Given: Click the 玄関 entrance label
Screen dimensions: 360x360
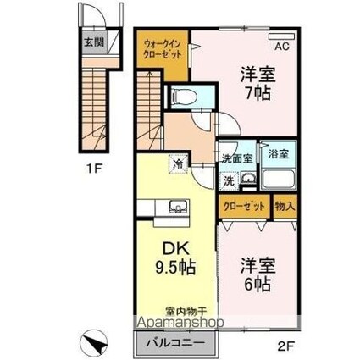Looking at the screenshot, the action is pyautogui.click(x=95, y=43).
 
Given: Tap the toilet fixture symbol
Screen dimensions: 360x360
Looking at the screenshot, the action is pyautogui.click(x=185, y=97).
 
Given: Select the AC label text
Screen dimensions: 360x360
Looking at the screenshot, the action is pyautogui.click(x=282, y=47).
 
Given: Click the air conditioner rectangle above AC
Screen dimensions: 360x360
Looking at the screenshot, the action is pyautogui.click(x=281, y=36).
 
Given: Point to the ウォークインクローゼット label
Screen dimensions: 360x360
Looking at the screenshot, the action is pyautogui.click(x=162, y=49).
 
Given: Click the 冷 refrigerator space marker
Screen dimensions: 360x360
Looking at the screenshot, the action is pyautogui.click(x=178, y=163).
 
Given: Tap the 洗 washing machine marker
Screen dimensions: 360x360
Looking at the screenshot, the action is pyautogui.click(x=229, y=180).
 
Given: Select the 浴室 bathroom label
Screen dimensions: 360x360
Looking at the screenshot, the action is pyautogui.click(x=279, y=154).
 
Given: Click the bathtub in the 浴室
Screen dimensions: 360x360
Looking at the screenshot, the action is pyautogui.click(x=279, y=179).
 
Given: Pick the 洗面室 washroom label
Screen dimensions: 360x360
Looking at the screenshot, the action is pyautogui.click(x=237, y=158).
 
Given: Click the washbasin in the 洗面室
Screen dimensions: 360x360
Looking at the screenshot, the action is pyautogui.click(x=248, y=179).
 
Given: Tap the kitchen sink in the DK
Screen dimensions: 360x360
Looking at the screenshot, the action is pyautogui.click(x=179, y=206).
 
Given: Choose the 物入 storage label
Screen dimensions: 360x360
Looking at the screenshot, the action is pyautogui.click(x=285, y=207).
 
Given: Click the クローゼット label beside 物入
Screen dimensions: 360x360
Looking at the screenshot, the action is pyautogui.click(x=244, y=207).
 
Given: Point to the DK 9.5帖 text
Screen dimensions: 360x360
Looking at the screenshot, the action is pyautogui.click(x=175, y=258).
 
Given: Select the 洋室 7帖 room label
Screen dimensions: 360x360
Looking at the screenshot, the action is pyautogui.click(x=258, y=84).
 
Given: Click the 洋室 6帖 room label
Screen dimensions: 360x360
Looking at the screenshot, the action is pyautogui.click(x=258, y=274).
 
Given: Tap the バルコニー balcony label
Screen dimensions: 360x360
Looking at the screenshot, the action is pyautogui.click(x=175, y=343).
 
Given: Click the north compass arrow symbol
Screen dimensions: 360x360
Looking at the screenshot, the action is pyautogui.click(x=93, y=341).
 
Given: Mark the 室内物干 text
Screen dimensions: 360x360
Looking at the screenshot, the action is pyautogui.click(x=186, y=312).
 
